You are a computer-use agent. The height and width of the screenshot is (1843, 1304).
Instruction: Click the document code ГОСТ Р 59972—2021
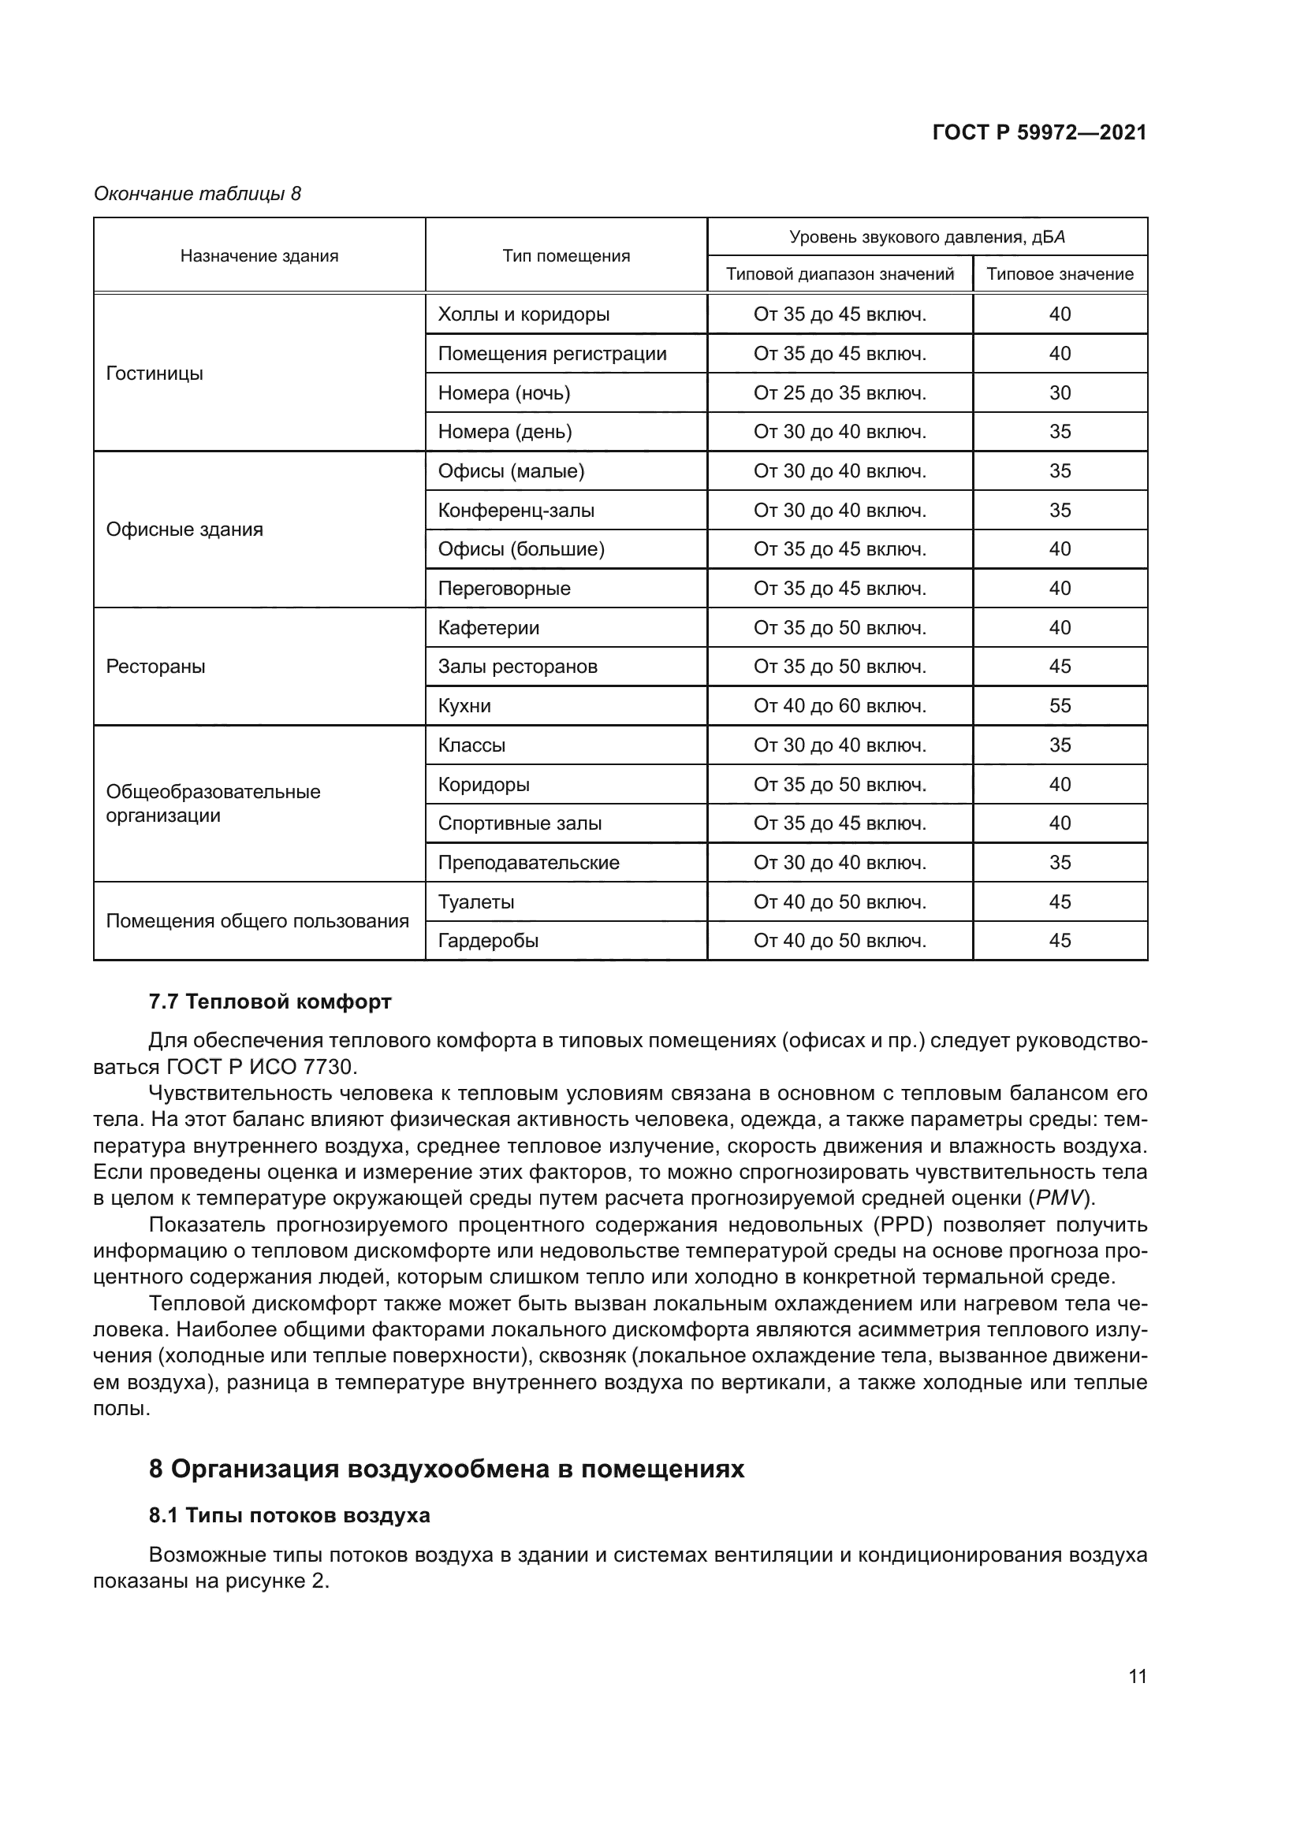coord(1039,133)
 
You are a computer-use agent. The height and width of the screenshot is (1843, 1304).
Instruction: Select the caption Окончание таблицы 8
coord(198,194)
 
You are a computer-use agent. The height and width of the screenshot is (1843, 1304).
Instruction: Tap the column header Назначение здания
coord(259,256)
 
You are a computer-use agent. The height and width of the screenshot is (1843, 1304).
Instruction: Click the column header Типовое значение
coord(1059,274)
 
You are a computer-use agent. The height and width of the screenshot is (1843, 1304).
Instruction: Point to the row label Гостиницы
coord(155,373)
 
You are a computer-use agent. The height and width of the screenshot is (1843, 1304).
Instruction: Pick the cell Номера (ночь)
coord(505,393)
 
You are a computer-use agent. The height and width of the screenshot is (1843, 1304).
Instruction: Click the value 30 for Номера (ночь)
coord(1059,393)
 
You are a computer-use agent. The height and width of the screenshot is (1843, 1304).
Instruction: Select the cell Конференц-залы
coord(516,511)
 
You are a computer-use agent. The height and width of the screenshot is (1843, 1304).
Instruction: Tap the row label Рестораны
coord(156,667)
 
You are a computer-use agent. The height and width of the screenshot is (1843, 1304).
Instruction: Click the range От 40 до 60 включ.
coord(839,706)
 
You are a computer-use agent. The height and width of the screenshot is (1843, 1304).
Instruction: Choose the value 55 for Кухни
coord(1059,706)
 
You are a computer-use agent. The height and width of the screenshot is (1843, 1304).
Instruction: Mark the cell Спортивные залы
coord(520,823)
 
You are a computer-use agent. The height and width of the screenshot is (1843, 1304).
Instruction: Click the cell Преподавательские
coord(528,863)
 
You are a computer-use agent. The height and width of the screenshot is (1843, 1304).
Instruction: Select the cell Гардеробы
coord(488,941)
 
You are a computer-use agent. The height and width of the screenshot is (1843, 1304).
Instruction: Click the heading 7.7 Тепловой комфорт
coord(270,1001)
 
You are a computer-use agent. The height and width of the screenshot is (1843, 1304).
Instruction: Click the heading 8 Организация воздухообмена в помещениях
coord(446,1469)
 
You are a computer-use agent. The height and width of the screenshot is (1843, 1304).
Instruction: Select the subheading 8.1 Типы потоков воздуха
coord(289,1515)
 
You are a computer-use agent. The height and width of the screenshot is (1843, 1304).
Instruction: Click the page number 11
coord(1137,1676)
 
